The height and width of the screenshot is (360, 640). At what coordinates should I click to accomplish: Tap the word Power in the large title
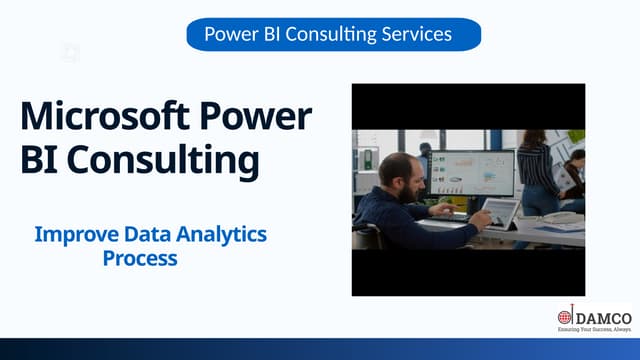254,116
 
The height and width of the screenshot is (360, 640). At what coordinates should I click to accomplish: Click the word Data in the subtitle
148,235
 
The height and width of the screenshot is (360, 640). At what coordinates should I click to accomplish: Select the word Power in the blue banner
231,35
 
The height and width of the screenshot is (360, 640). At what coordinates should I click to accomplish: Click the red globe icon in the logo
565,317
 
